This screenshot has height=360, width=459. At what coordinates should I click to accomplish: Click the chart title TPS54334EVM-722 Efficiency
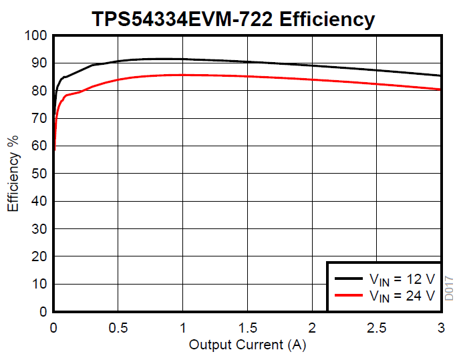233,19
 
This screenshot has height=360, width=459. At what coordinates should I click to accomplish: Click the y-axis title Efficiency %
13,174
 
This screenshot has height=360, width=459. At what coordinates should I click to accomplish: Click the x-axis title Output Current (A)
247,345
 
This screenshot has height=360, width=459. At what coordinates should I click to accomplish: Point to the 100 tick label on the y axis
35,35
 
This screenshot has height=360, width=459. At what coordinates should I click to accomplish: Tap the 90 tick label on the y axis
39,63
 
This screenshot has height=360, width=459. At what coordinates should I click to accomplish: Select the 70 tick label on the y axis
39,118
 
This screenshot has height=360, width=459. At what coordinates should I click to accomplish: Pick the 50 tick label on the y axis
39,174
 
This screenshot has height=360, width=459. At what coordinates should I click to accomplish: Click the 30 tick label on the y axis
39,229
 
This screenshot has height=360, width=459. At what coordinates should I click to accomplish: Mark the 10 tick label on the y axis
39,285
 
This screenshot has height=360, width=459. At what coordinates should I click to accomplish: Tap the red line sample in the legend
349,295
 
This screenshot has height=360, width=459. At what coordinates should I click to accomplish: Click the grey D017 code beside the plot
450,288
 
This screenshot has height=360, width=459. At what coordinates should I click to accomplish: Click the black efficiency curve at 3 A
440,75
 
